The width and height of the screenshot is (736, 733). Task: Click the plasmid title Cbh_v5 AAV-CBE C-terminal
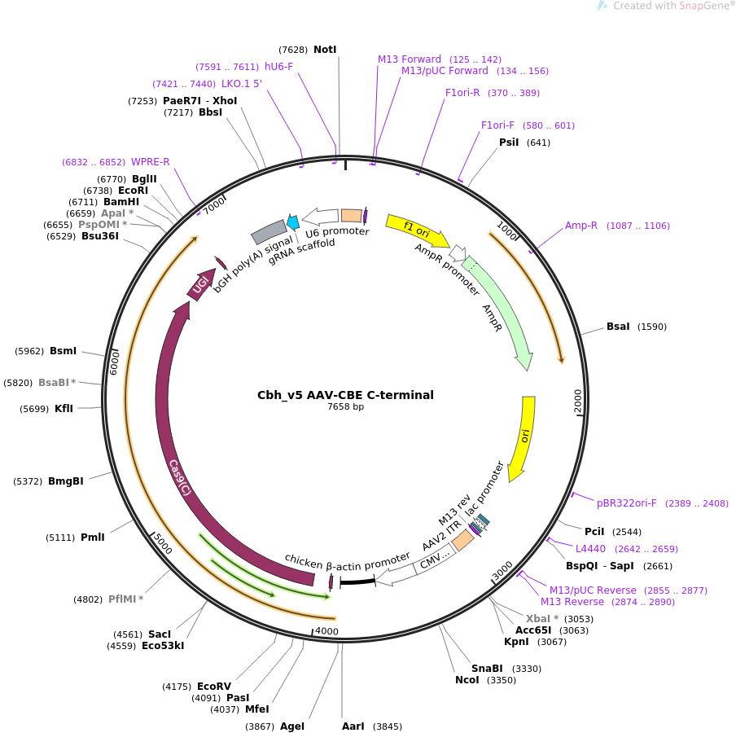tap(345, 395)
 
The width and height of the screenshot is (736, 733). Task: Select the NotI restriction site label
tap(325, 50)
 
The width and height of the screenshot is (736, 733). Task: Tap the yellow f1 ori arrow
tap(415, 229)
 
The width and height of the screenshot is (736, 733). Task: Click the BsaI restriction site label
tap(618, 327)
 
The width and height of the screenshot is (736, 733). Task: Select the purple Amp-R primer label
tap(581, 226)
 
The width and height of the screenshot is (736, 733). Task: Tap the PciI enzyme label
tap(594, 532)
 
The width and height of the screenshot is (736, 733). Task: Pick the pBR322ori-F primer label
tap(627, 503)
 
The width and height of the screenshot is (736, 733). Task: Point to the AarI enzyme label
tap(353, 726)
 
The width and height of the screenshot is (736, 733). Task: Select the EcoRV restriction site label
tap(214, 687)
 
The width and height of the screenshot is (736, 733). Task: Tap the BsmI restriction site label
tap(63, 351)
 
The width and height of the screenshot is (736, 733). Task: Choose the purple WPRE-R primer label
tap(151, 162)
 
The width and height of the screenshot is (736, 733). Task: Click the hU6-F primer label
tap(278, 67)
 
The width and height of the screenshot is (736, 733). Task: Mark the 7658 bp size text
tap(345, 407)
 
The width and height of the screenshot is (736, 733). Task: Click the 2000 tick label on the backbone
tap(578, 400)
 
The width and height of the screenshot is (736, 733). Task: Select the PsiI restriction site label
tap(509, 143)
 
